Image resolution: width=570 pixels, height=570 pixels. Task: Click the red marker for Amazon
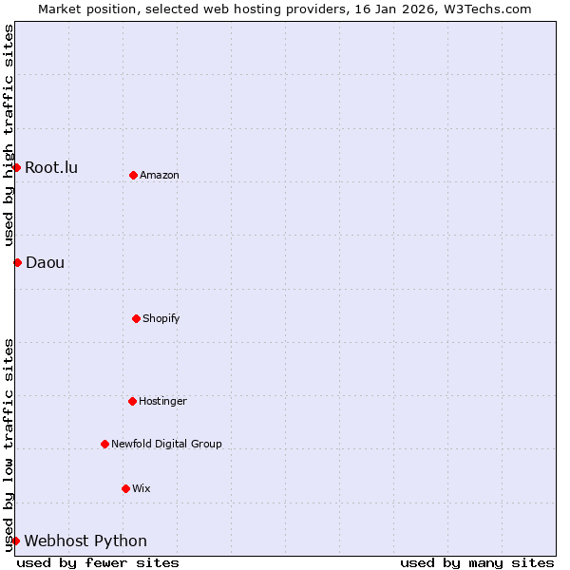pyautogui.click(x=133, y=175)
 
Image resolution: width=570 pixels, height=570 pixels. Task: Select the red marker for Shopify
pyautogui.click(x=136, y=318)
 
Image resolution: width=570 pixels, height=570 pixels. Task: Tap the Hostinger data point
pyautogui.click(x=132, y=401)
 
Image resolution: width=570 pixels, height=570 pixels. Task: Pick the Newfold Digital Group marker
pyautogui.click(x=104, y=444)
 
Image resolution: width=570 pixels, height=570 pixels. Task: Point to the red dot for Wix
pyautogui.click(x=125, y=488)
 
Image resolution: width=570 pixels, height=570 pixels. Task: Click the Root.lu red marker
pyautogui.click(x=16, y=168)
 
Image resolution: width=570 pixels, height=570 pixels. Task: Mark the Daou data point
pyautogui.click(x=17, y=262)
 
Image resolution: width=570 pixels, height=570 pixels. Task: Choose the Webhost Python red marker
pyautogui.click(x=16, y=541)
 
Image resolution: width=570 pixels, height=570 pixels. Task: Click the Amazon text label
pyautogui.click(x=160, y=176)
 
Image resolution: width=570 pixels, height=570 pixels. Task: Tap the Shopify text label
pyautogui.click(x=161, y=318)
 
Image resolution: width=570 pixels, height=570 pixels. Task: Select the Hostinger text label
pyautogui.click(x=162, y=402)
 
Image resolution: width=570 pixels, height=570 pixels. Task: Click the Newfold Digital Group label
pyautogui.click(x=166, y=445)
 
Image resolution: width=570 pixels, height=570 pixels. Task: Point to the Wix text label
pyautogui.click(x=142, y=489)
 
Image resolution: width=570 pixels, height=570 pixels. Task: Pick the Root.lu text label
pyautogui.click(x=51, y=168)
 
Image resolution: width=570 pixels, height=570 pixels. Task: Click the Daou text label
pyautogui.click(x=46, y=263)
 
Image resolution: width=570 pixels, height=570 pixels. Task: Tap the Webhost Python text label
pyautogui.click(x=85, y=541)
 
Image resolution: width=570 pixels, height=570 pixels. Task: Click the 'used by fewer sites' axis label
pyautogui.click(x=98, y=562)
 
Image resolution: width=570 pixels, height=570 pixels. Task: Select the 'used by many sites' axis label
pyautogui.click(x=477, y=562)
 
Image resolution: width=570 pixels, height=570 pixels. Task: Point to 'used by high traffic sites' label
pyautogui.click(x=9, y=136)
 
